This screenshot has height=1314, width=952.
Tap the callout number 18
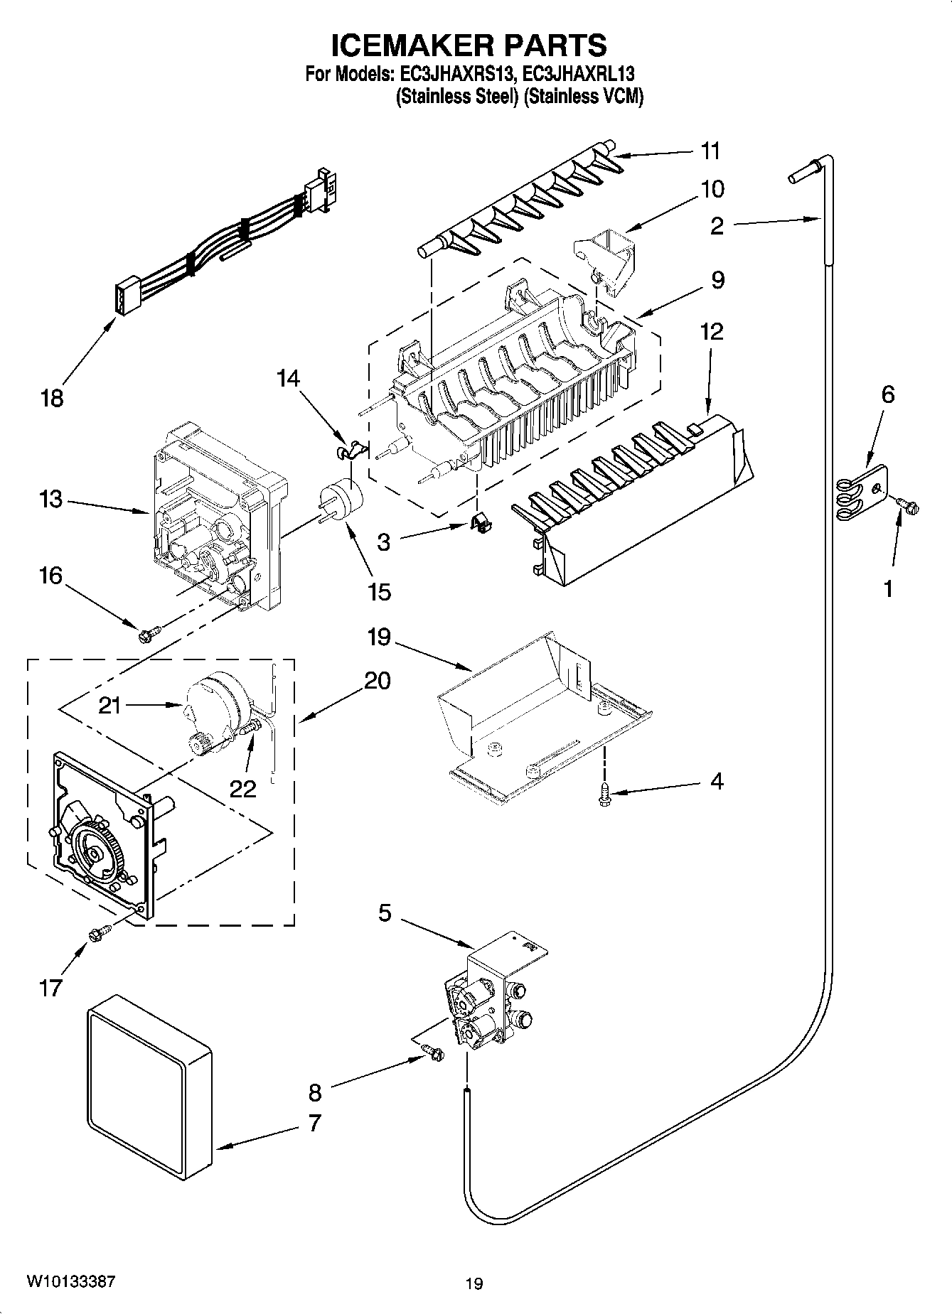pos(52,398)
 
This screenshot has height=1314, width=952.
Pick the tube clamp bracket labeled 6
pos(862,491)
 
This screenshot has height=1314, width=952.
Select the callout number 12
pos(711,331)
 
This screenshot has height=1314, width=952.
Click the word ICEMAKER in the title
pos(398,45)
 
